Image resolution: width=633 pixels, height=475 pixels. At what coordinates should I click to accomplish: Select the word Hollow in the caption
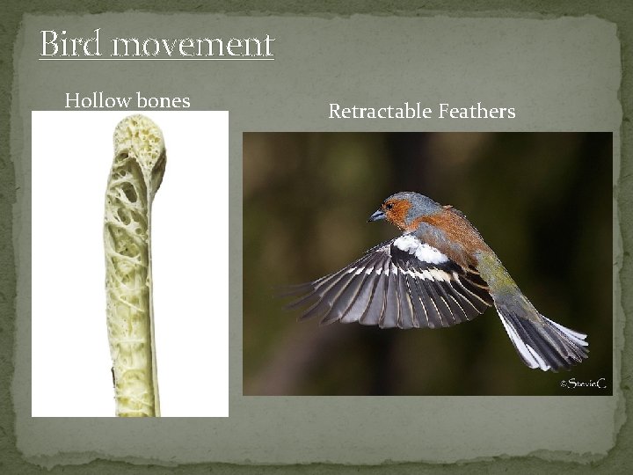point(97,101)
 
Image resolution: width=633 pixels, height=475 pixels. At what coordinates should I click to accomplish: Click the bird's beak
point(376,216)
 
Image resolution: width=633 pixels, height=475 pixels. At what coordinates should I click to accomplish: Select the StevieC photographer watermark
point(584,383)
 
